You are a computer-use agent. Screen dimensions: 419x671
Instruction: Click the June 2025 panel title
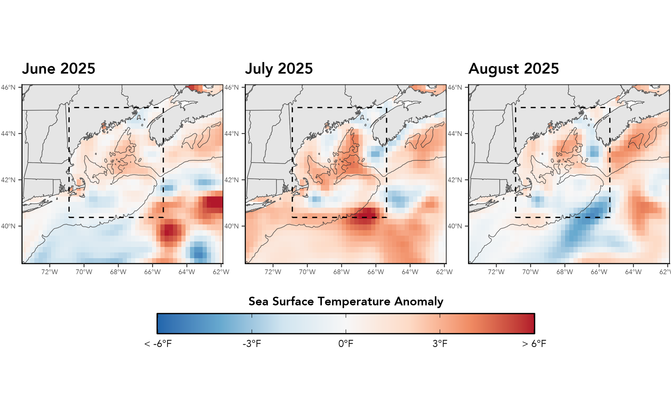pos(59,69)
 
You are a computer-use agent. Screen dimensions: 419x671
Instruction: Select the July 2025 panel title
pos(279,69)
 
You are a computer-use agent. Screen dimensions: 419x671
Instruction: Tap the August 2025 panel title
pos(513,69)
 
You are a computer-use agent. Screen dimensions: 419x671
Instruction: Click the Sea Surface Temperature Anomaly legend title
pos(346,301)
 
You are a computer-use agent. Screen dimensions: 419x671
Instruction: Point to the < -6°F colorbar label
pos(158,344)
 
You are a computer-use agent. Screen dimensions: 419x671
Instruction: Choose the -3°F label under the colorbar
pos(252,344)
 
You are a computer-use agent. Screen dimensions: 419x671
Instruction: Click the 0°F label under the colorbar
pos(346,344)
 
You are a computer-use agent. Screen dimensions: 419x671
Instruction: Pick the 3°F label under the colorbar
pos(440,344)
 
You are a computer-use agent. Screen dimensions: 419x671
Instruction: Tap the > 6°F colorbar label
pos(534,344)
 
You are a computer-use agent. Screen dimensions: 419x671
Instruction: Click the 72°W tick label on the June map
pos(50,272)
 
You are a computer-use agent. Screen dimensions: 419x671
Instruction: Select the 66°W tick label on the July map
pos(376,272)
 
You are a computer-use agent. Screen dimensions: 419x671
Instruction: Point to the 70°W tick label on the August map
pos(530,272)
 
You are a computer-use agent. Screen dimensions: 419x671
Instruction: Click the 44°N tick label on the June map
pos(8,134)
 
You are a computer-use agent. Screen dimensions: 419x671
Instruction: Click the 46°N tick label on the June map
pos(8,87)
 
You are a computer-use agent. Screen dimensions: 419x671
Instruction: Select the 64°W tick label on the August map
pos(633,272)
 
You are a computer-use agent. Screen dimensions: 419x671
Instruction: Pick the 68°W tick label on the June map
pos(118,272)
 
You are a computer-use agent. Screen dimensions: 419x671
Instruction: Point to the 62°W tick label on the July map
pos(444,272)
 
